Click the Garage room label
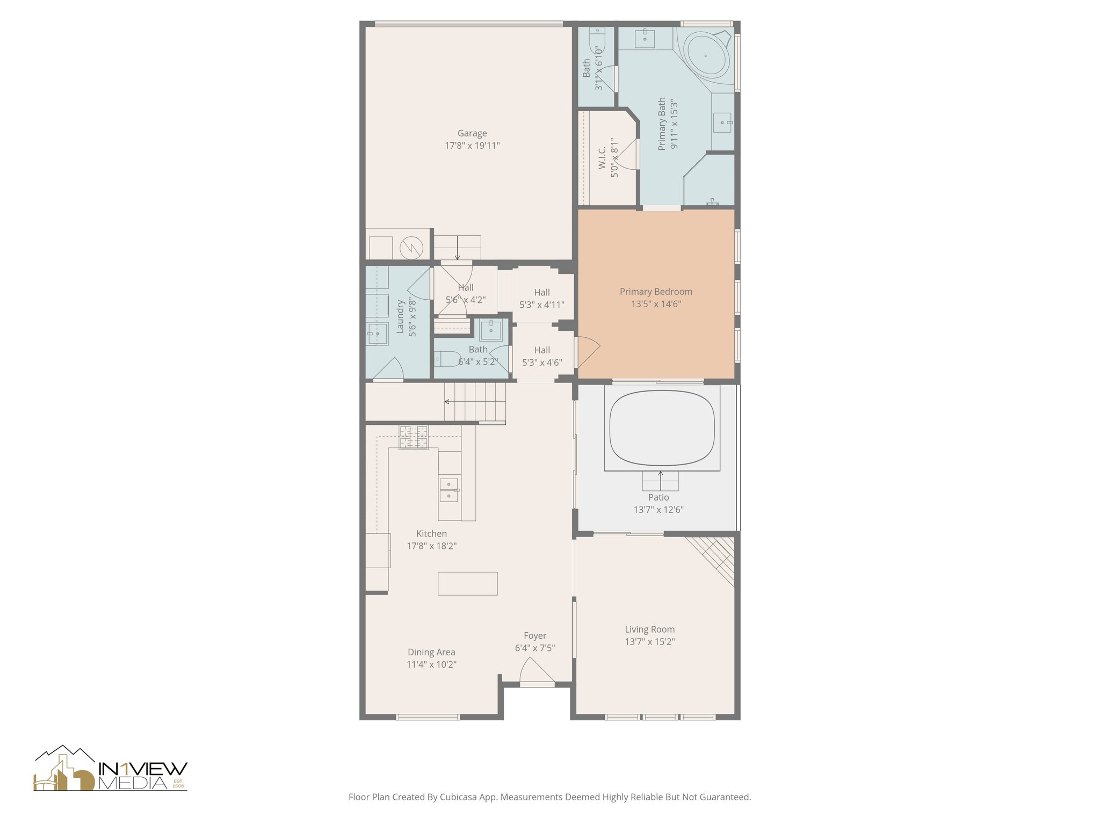(x=472, y=133)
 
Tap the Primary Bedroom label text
(x=656, y=292)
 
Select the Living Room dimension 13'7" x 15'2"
(x=649, y=641)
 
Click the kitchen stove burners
(x=414, y=437)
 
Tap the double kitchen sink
(x=449, y=490)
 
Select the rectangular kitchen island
(x=467, y=583)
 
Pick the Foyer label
(x=535, y=635)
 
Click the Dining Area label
(x=431, y=652)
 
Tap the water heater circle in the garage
(x=411, y=248)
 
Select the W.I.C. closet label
(x=602, y=158)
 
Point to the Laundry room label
(x=400, y=317)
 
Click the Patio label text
(x=658, y=497)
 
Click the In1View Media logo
(x=111, y=769)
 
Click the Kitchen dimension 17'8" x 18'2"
(x=431, y=546)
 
